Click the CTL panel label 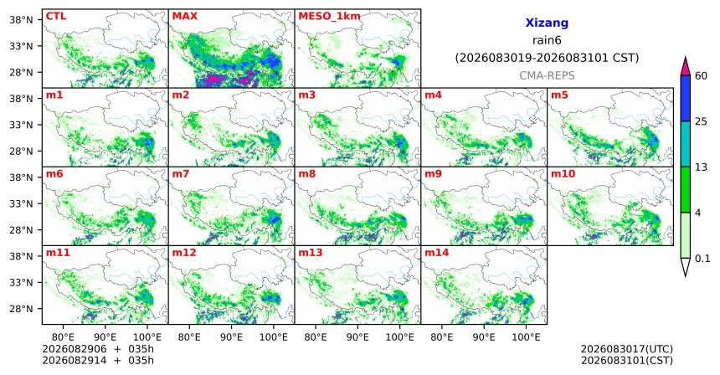coord(56,17)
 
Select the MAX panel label coord(184,17)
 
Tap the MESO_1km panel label coord(329,17)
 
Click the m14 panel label coord(437,253)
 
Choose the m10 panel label coord(563,174)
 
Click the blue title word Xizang coord(547,23)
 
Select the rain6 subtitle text coord(547,40)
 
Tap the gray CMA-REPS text coord(547,75)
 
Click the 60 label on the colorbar coord(701,75)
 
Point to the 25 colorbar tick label coord(701,121)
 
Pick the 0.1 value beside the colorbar coord(702,259)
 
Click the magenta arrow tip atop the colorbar coord(686,58)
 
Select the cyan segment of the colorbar coord(686,144)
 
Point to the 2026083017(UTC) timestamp coord(627,350)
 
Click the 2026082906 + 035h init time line coord(98,349)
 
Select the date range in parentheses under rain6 coord(547,59)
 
